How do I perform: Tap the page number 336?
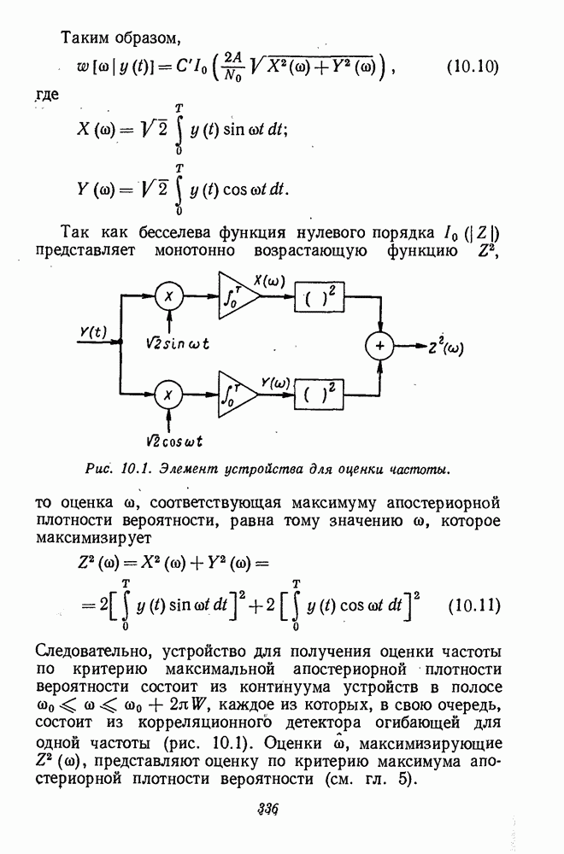click(269, 810)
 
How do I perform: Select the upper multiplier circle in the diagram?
click(170, 295)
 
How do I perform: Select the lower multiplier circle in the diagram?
click(170, 395)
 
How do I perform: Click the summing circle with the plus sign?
click(379, 346)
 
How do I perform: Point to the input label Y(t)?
click(93, 332)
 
